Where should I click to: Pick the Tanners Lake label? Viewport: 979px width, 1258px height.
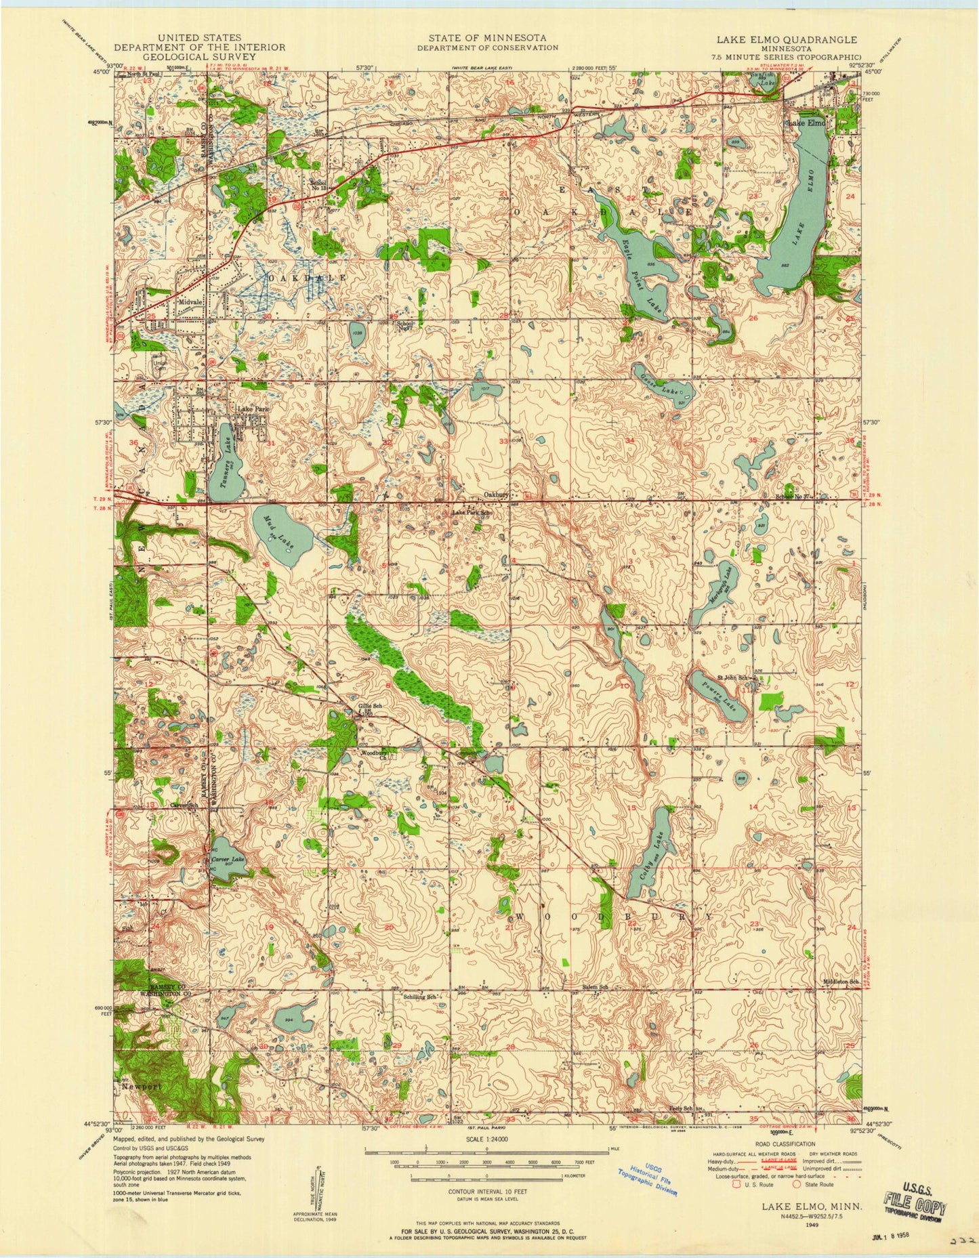230,456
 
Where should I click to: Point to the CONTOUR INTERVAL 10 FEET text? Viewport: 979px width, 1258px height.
486,1190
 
